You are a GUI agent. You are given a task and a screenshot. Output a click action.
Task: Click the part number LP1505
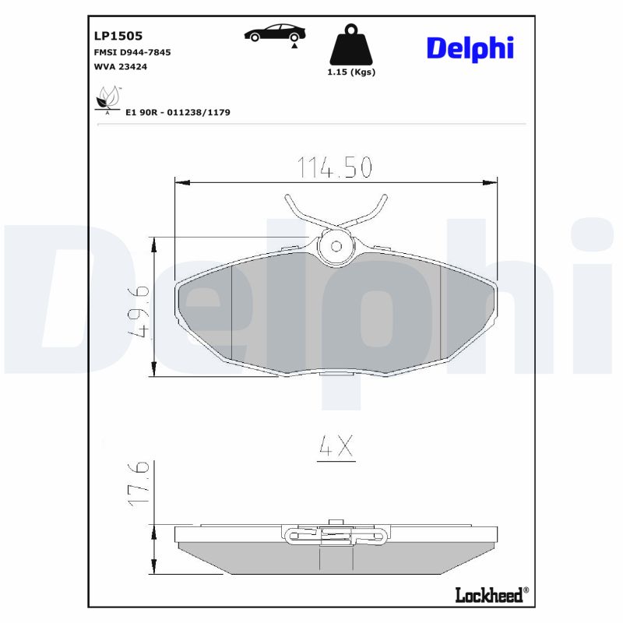[117, 35]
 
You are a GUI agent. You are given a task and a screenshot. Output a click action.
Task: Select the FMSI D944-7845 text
[132, 51]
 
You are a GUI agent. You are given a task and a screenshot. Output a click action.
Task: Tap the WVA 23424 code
[120, 67]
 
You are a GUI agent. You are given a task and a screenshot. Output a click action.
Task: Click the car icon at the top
[274, 33]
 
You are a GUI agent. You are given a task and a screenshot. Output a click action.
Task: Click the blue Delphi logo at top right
[470, 48]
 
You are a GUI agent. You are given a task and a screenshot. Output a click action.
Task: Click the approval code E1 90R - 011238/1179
[178, 112]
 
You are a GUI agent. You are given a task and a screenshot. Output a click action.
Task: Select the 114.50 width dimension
[335, 167]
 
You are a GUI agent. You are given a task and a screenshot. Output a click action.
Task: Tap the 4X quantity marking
[336, 447]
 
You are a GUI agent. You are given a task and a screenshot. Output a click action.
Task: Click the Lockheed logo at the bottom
[490, 594]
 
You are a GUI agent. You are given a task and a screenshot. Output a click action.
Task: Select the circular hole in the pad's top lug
[336, 246]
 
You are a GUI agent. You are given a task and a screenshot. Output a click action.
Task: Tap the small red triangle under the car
[294, 47]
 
